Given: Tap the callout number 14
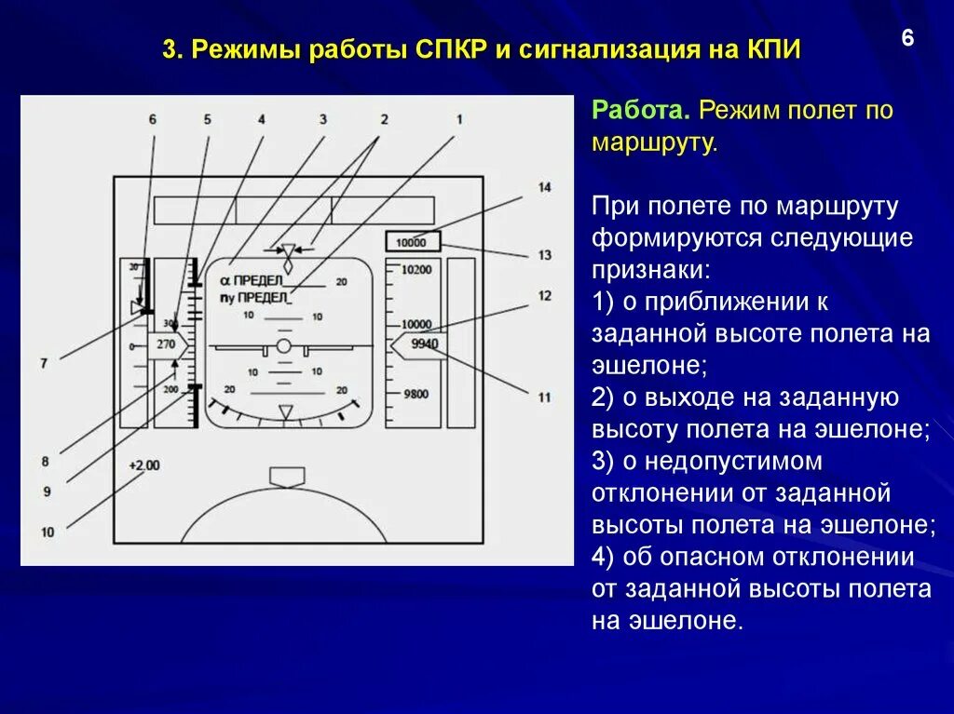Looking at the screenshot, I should click(544, 187).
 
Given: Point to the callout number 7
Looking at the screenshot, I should click(43, 363).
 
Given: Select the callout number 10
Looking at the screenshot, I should click(48, 532).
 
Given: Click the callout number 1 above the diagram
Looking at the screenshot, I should click(458, 119).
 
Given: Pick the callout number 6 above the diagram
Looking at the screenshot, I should click(152, 119).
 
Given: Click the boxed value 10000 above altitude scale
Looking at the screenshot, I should click(411, 242).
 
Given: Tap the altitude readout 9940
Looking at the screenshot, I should click(424, 344).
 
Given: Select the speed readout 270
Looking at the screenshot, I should click(166, 344).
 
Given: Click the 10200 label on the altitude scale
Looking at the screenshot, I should click(416, 269).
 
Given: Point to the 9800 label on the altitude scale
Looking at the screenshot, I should click(415, 394).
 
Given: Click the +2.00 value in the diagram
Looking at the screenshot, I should click(144, 465).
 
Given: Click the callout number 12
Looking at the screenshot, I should click(544, 296).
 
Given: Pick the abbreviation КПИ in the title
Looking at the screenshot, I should click(772, 49).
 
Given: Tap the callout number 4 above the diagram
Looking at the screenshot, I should click(262, 119).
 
